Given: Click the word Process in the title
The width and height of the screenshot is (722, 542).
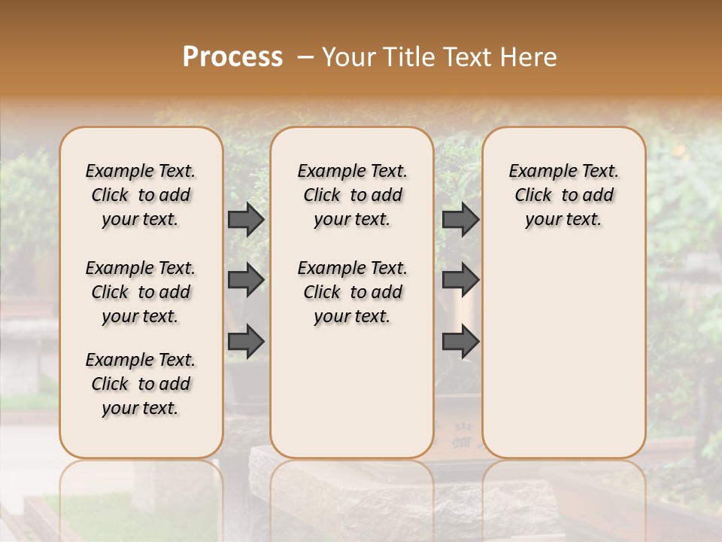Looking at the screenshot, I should click(x=232, y=57).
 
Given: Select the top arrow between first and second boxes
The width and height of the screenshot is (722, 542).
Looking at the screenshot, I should click(x=246, y=219).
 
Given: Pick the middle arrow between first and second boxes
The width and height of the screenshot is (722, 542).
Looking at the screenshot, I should click(x=246, y=280).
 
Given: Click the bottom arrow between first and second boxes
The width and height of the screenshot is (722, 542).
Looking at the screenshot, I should click(x=246, y=342).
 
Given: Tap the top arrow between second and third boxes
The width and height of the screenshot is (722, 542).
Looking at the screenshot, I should click(x=460, y=219).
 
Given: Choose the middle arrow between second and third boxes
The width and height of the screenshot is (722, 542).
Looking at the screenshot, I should click(x=460, y=280).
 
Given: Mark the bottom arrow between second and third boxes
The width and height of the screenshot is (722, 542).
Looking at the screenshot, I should click(x=460, y=342).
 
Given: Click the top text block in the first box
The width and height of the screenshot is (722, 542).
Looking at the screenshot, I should click(x=141, y=195).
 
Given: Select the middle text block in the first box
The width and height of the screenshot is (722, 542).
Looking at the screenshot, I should click(x=141, y=292).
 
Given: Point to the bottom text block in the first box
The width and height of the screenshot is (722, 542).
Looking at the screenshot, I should click(x=141, y=384).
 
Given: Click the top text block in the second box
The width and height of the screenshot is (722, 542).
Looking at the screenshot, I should click(x=352, y=195).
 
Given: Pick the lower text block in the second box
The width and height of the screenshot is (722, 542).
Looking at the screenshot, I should click(x=352, y=292).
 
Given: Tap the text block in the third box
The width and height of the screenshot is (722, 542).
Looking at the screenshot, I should click(x=563, y=195).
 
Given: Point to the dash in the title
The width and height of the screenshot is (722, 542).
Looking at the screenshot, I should click(x=305, y=57).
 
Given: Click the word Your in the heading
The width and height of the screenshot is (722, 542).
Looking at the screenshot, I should click(x=343, y=57).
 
